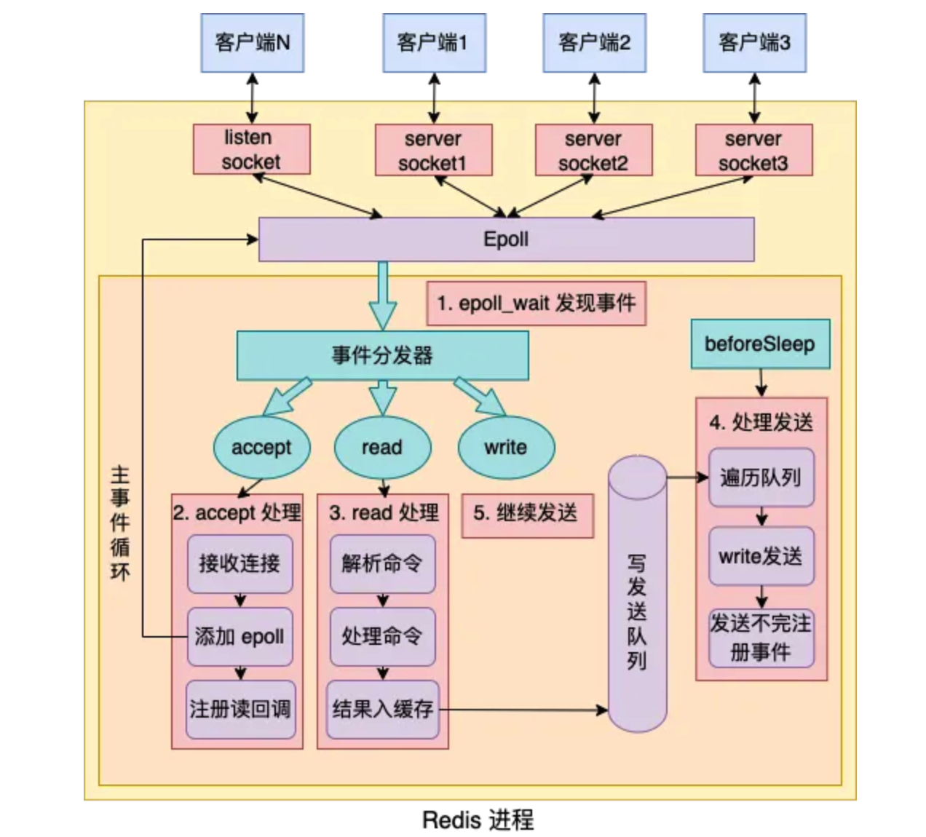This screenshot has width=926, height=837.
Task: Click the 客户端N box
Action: click(x=252, y=43)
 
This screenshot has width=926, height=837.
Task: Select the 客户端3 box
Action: click(x=754, y=43)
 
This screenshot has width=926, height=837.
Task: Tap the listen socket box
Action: click(x=251, y=149)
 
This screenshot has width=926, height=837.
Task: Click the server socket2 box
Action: click(x=593, y=150)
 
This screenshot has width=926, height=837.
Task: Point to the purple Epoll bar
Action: click(x=506, y=239)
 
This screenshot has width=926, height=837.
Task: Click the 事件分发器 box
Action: click(x=382, y=355)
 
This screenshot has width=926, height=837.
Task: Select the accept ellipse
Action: click(x=261, y=448)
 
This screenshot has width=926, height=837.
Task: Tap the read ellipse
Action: click(x=382, y=448)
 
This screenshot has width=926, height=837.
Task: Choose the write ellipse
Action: click(x=506, y=448)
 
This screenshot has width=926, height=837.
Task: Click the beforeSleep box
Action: click(x=760, y=344)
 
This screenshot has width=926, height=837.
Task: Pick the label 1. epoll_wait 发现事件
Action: click(x=536, y=303)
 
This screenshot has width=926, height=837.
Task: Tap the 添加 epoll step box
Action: click(x=240, y=637)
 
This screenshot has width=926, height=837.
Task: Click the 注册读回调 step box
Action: click(x=240, y=709)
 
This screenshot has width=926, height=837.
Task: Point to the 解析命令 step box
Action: click(x=382, y=563)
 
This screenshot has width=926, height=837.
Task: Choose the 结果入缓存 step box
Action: click(x=382, y=709)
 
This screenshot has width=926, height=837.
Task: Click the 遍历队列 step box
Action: click(x=761, y=477)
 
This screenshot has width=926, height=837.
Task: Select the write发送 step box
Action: click(x=761, y=557)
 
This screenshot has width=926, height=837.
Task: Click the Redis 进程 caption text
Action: click(x=478, y=820)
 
